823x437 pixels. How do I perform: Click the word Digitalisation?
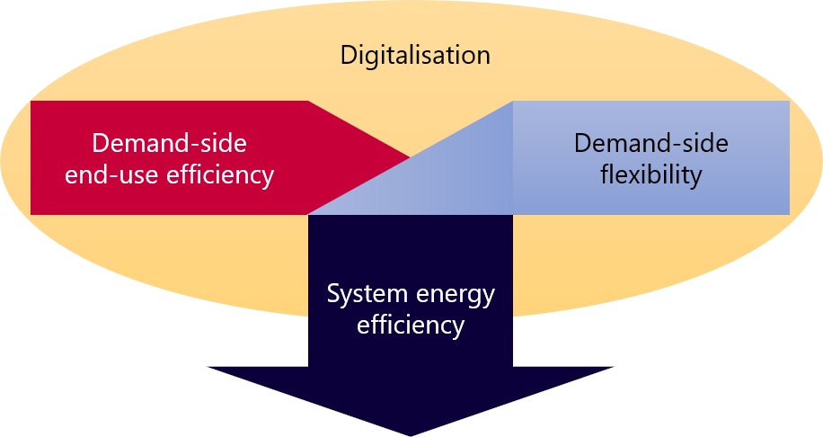(414, 56)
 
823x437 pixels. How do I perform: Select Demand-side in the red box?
(169, 144)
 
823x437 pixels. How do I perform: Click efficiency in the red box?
(221, 174)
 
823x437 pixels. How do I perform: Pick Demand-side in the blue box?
(650, 144)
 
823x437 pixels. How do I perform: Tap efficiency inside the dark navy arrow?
(411, 324)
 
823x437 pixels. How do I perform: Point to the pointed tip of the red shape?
(409, 158)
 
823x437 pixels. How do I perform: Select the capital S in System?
(333, 294)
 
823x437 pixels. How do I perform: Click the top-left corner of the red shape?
(31, 102)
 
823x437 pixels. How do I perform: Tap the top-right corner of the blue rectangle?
(789, 102)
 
